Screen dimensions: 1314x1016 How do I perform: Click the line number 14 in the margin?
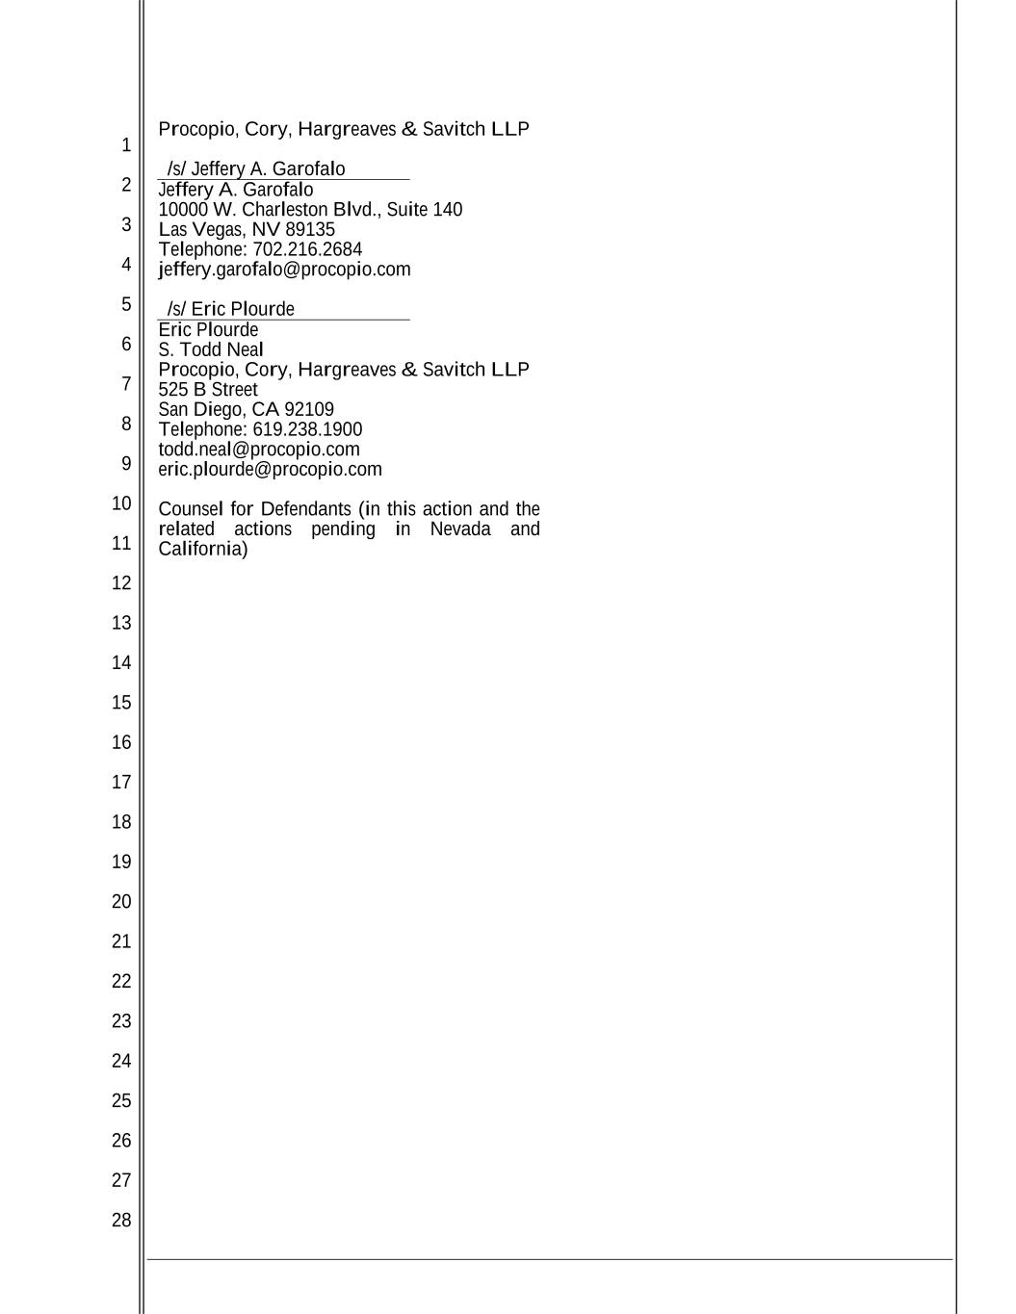(120, 663)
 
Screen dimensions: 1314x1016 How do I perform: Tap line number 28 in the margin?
(120, 1221)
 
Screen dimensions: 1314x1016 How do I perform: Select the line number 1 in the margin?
(125, 146)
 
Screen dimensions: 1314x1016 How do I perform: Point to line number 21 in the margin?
(120, 941)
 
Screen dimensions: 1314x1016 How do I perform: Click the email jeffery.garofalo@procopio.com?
(284, 270)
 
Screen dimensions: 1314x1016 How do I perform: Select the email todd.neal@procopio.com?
(259, 450)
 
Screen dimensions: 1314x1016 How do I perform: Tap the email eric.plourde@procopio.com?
(270, 470)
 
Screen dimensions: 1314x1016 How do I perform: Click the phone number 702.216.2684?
(307, 249)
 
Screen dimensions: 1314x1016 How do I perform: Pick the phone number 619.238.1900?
(307, 429)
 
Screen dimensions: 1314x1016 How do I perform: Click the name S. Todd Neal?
(211, 349)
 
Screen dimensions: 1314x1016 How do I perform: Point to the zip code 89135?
(310, 229)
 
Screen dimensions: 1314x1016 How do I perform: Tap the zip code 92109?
(309, 409)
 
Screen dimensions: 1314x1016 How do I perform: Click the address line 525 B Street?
(208, 390)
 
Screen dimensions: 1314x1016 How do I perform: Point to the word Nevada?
(460, 529)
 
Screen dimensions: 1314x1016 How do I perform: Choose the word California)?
(203, 550)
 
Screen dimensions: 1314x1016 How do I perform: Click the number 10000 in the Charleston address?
(183, 210)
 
